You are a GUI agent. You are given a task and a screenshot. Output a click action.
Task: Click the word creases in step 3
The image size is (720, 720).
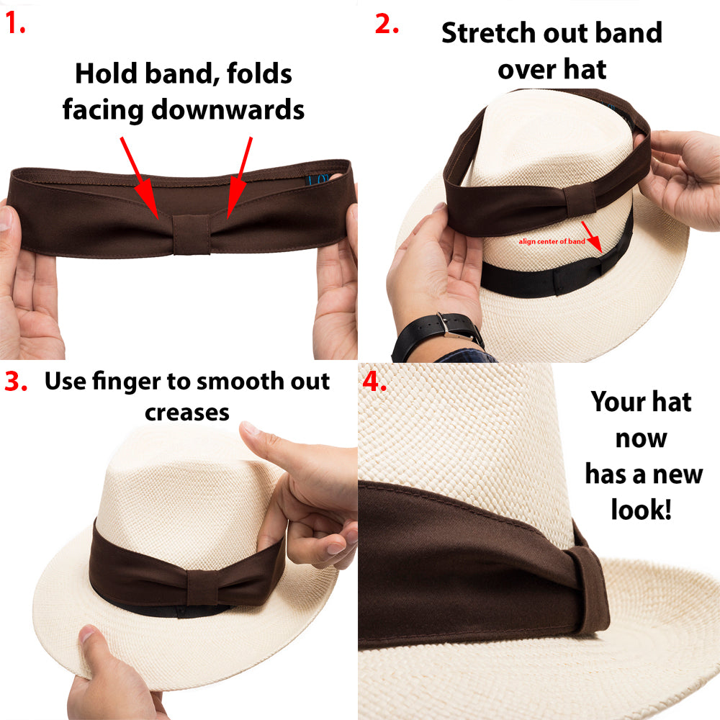pyautogui.click(x=187, y=412)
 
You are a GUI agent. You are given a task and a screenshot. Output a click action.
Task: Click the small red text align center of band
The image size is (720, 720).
pyautogui.click(x=552, y=241)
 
